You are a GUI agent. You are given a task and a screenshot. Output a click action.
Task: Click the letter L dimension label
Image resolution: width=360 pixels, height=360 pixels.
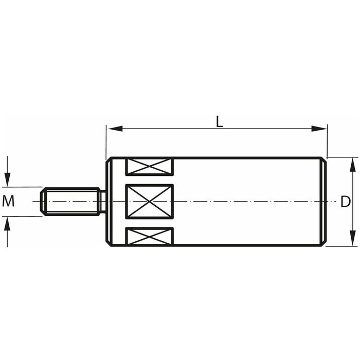pos(220,122)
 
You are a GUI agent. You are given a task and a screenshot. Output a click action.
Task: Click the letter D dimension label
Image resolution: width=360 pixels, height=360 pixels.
pos(345,202)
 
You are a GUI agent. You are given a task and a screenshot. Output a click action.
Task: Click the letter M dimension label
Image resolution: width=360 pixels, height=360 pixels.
pos(8,201)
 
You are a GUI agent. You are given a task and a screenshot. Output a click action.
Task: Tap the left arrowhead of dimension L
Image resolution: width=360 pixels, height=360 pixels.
pos(115,129)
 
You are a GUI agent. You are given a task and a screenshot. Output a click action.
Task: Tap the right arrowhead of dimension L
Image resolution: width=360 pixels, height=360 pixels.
pos(319,129)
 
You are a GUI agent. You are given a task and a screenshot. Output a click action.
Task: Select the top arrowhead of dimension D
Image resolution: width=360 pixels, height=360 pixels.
pos(351,165)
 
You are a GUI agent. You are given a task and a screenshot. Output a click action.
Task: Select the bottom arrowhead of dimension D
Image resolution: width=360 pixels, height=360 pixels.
pos(351,239)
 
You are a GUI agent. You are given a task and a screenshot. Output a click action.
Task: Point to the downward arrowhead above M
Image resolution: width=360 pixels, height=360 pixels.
pos(8,180)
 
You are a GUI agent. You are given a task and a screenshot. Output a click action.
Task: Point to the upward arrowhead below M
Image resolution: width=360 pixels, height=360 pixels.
pos(8,223)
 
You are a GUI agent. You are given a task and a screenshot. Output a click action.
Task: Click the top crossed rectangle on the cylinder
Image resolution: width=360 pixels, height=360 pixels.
pos(149,167)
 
